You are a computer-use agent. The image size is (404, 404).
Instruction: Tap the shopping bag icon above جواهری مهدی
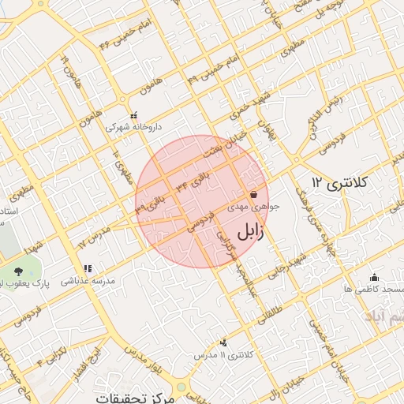click(253, 194)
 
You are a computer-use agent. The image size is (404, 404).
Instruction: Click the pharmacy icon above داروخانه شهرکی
click(133, 114)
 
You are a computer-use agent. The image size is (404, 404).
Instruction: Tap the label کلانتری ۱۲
click(340, 182)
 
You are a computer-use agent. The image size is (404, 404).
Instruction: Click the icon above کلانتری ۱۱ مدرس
click(225, 342)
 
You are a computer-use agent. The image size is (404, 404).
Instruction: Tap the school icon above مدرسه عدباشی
click(88, 269)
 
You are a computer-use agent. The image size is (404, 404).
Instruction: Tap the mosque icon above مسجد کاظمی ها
click(374, 277)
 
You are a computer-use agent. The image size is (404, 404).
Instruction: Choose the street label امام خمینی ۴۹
click(204, 69)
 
